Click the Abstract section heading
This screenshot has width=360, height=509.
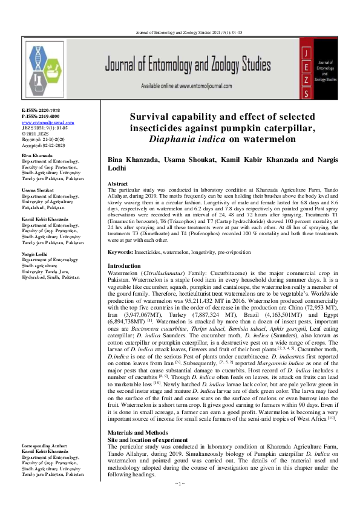[x=117, y=183]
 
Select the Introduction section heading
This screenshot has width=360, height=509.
[x=123, y=266]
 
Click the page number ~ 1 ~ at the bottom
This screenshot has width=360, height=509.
[x=180, y=500]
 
